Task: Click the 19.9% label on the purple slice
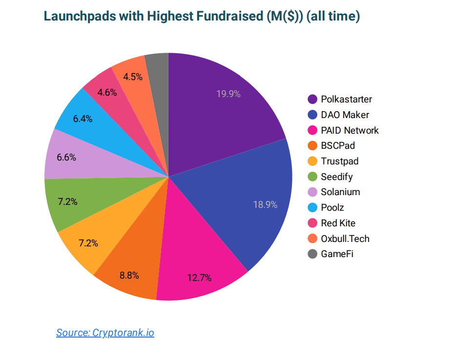tap(228, 94)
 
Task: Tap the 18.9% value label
tap(265, 205)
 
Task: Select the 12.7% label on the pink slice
tap(199, 278)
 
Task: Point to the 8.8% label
tap(129, 275)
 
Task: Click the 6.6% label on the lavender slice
tap(66, 158)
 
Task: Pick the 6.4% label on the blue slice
tap(83, 119)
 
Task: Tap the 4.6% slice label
tap(107, 93)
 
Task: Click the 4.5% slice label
tap(133, 77)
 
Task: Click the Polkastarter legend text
tap(347, 100)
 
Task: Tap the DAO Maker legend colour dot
tap(312, 115)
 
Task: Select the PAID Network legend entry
tap(343, 130)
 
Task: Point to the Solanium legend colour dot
tap(312, 192)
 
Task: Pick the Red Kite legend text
tap(338, 223)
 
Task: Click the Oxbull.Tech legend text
tap(345, 239)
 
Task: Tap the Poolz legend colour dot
tap(312, 207)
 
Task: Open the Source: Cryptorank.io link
tap(105, 333)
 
